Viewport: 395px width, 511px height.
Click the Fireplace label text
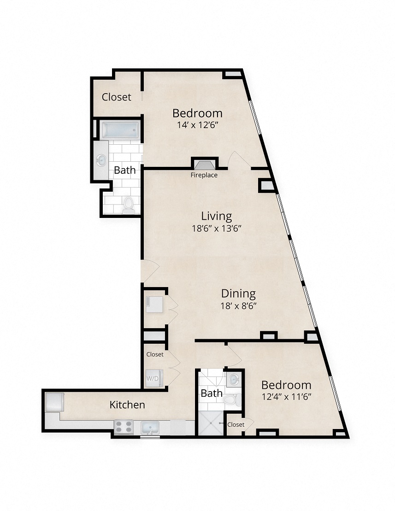coord(204,175)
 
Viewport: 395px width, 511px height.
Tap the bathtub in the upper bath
coord(120,130)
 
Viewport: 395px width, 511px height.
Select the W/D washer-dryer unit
coord(153,378)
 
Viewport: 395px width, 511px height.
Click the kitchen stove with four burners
coord(124,427)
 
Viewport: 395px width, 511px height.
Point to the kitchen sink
coord(150,428)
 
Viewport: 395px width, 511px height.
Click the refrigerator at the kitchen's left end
coord(54,401)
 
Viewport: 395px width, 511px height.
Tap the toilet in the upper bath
coord(129,204)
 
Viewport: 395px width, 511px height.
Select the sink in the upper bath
coord(101,160)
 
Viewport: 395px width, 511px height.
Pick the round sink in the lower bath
coord(234,379)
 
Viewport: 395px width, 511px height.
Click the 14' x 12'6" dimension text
coord(197,125)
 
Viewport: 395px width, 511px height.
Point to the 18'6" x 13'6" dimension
coord(217,228)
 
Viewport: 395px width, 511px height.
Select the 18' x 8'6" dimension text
coord(238,305)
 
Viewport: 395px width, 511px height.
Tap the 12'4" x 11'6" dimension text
coord(286,396)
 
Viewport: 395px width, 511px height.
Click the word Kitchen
coord(127,405)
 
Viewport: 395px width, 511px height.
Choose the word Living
coord(216,216)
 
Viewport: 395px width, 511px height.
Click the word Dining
coord(238,293)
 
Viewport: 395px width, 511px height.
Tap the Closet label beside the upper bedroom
coord(116,97)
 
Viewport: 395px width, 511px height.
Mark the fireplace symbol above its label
coord(204,164)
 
